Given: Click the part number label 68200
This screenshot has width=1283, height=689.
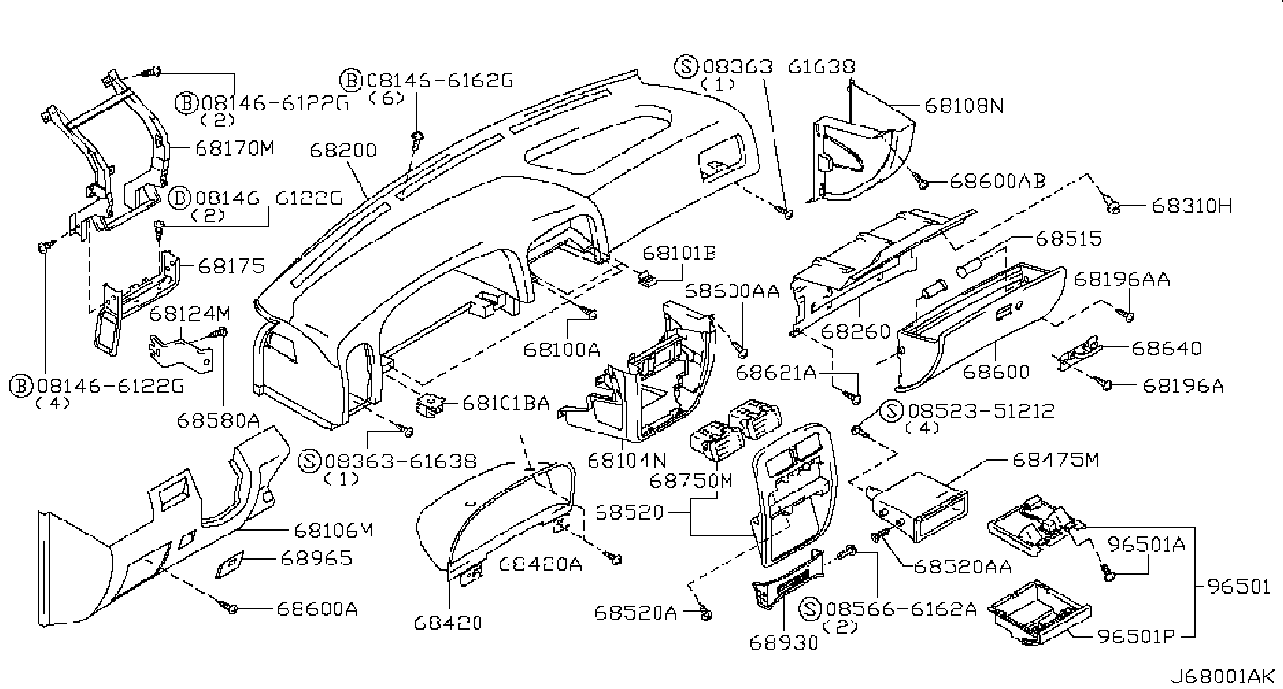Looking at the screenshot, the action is click(343, 151).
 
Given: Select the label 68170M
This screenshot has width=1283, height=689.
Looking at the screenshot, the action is click(235, 148).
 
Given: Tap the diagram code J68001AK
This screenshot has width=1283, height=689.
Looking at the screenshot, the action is click(1225, 677).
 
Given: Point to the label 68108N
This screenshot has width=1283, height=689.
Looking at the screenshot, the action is click(965, 106).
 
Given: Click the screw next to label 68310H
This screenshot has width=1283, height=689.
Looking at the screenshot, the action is click(1113, 207).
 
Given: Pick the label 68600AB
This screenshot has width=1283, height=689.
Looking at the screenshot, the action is click(997, 181).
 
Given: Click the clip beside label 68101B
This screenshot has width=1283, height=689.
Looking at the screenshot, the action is click(647, 279).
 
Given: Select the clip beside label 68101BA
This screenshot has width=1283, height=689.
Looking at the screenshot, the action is click(429, 404).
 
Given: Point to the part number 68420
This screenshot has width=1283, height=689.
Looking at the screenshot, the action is click(448, 623).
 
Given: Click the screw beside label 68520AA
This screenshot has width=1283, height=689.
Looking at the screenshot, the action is click(878, 535).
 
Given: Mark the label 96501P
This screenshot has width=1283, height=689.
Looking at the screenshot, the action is click(1136, 637).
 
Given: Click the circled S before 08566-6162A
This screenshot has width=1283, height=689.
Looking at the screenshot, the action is click(810, 608).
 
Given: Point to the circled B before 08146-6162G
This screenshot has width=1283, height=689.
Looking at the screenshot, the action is click(351, 81).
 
